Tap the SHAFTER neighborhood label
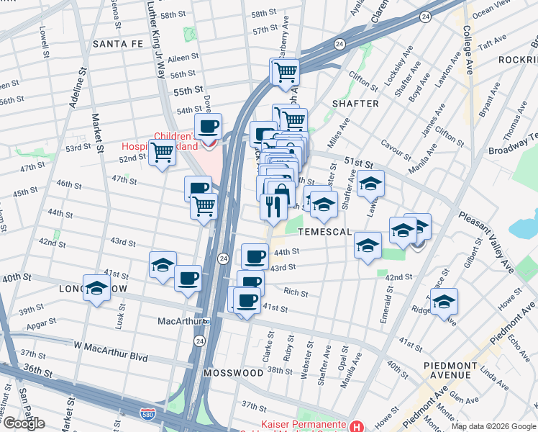(x=355, y=104)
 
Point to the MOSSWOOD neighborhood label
(x=233, y=373)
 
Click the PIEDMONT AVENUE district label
(x=457, y=370)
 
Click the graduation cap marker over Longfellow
(x=96, y=289)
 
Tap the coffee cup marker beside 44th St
(x=255, y=256)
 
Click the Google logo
(x=23, y=423)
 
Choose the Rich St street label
(x=296, y=293)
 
